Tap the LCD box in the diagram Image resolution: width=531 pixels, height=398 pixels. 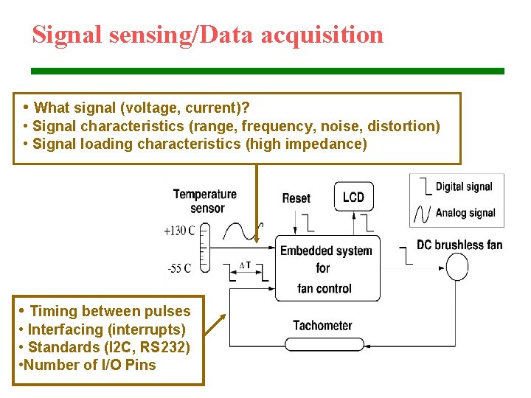pos(353,197)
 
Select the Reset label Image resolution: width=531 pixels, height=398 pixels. pos(296,198)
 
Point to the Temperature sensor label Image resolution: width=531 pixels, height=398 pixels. pos(205,201)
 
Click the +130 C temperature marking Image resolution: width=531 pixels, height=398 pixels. pos(179,231)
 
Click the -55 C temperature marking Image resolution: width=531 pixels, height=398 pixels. pos(178,268)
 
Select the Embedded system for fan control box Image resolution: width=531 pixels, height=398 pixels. pos(327,268)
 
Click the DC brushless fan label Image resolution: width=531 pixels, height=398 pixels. pos(459,245)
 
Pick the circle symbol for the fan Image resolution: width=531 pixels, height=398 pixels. pos(456,267)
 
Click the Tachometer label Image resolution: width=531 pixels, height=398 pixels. pos(322,325)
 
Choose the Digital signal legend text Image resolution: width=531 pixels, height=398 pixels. pos(463,186)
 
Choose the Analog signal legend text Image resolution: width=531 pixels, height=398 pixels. pos(465,213)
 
